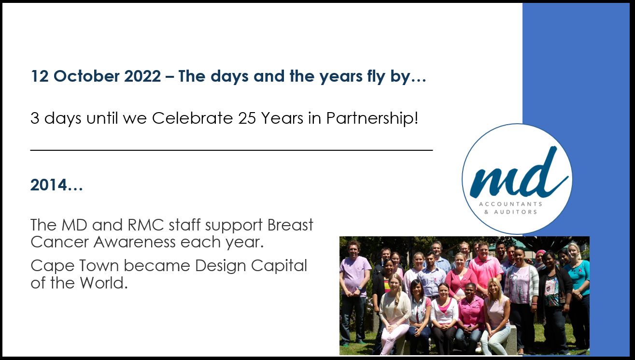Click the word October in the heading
[86, 76]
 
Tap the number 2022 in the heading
[142, 76]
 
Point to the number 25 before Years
[247, 118]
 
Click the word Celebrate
[192, 118]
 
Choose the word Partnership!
[372, 118]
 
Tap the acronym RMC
[146, 225]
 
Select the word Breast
[290, 225]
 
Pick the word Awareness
[134, 242]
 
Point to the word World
[103, 283]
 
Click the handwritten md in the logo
[519, 173]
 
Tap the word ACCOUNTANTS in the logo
[510, 204]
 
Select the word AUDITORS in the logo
[515, 212]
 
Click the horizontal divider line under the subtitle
[231, 150]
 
